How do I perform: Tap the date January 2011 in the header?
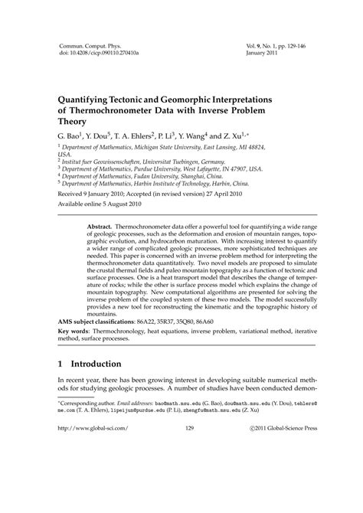[x=264, y=54]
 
